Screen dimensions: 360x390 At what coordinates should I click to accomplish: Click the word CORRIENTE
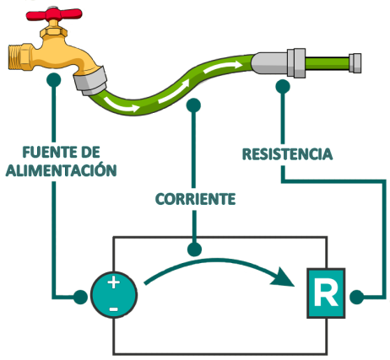194,200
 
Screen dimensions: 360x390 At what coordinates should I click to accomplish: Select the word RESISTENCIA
287,154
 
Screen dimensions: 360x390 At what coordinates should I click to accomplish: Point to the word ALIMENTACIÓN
60,169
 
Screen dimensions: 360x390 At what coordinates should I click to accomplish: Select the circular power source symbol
113,296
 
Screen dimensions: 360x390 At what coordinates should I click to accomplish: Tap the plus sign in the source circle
113,285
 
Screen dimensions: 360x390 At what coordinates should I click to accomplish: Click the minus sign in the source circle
113,308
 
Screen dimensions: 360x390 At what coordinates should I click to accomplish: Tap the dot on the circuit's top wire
195,250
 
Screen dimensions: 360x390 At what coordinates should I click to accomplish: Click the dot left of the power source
79,297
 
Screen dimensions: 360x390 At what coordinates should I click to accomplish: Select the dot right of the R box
358,296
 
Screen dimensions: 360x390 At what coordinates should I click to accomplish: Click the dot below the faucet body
54,79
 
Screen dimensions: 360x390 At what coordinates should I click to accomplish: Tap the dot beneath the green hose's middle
195,106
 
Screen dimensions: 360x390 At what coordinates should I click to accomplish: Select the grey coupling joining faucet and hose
90,81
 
